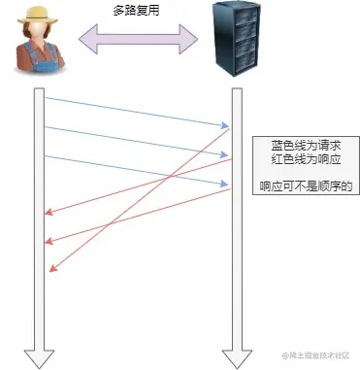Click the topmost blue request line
coord(136,111)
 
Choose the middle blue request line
coord(136,141)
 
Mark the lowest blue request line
coord(136,170)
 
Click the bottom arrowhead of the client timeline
coord(39,357)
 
